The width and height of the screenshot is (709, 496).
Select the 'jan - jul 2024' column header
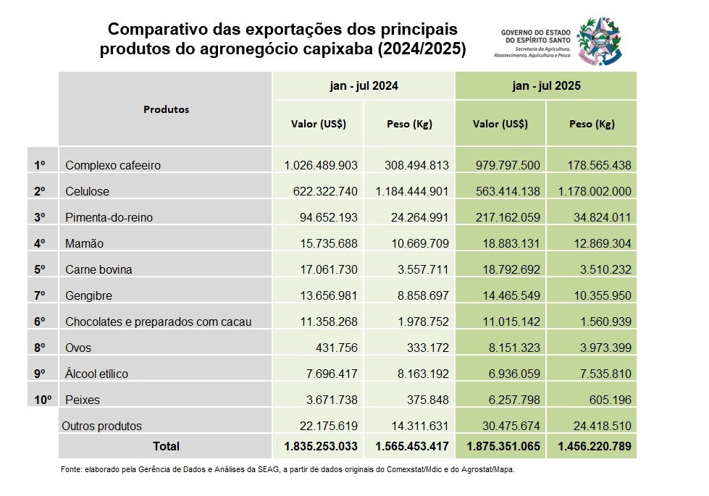pos(363,85)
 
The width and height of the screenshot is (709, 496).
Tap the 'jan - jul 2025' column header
pos(546,85)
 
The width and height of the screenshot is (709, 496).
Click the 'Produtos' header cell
pos(166,109)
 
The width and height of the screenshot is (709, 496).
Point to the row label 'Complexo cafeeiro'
pos(112,166)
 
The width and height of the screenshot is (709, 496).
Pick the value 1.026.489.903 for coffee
pos(322,166)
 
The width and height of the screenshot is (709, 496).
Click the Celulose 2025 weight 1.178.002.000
pos(592,192)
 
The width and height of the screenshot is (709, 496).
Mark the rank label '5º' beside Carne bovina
pos(40,270)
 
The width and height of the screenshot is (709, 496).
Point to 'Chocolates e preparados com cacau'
pos(158,321)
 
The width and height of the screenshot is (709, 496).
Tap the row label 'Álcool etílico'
pos(96,374)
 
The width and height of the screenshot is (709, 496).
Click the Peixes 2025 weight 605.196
pos(607,400)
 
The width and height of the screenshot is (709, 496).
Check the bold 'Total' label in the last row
pos(165,447)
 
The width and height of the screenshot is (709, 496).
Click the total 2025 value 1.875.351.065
pos(500,447)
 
